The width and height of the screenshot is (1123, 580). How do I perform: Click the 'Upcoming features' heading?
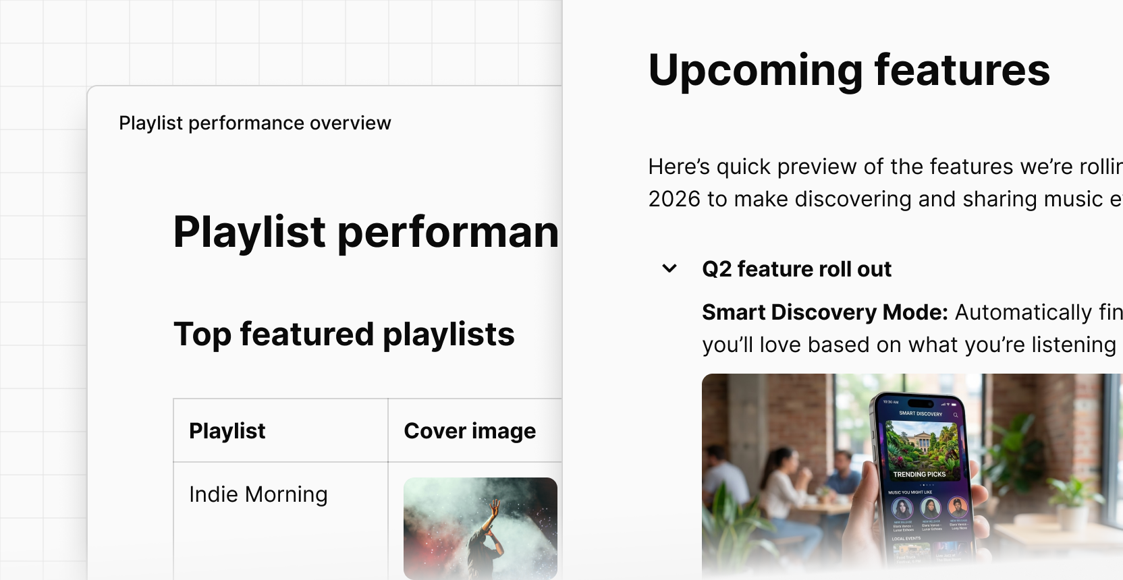[848, 70]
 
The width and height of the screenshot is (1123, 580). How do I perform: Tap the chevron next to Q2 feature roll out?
[669, 268]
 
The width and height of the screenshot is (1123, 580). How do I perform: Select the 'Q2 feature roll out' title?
[796, 269]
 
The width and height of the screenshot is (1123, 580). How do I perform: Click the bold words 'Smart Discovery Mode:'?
[825, 312]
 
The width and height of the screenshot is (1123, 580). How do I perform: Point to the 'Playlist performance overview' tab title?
[254, 123]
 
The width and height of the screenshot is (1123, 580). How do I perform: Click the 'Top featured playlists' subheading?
[344, 335]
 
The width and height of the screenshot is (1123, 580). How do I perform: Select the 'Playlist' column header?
[227, 431]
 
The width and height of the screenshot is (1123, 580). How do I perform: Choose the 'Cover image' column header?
[470, 431]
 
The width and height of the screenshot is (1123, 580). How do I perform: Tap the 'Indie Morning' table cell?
[258, 494]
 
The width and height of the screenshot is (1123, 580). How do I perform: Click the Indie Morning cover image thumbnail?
[480, 527]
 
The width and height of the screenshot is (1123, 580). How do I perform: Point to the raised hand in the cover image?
[495, 507]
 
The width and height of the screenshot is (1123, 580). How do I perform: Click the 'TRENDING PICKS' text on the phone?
[919, 475]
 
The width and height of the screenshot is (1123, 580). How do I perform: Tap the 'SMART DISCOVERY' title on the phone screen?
[921, 413]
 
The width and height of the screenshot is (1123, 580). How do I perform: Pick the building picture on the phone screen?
[921, 445]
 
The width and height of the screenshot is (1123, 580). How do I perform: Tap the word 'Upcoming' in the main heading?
[755, 70]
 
